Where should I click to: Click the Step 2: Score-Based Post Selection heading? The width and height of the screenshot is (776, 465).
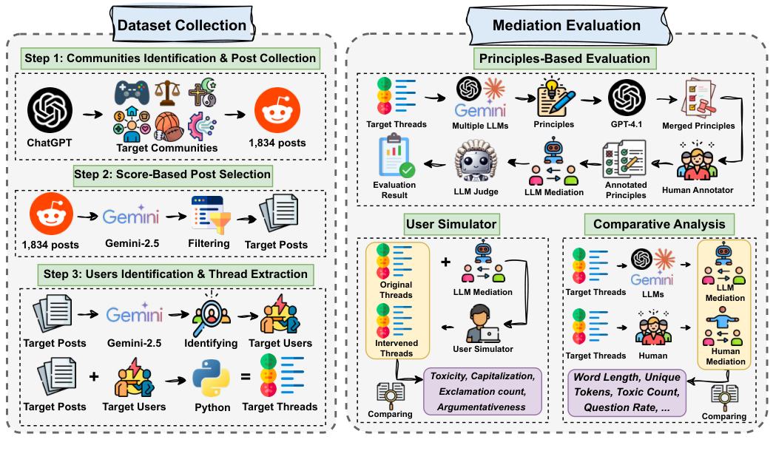click(x=172, y=175)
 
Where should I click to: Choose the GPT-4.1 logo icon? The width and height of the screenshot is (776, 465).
click(x=627, y=98)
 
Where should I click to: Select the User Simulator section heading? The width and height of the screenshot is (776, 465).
click(x=451, y=223)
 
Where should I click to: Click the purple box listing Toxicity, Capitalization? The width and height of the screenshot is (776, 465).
click(x=482, y=392)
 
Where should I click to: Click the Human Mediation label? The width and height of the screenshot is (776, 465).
click(x=725, y=356)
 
